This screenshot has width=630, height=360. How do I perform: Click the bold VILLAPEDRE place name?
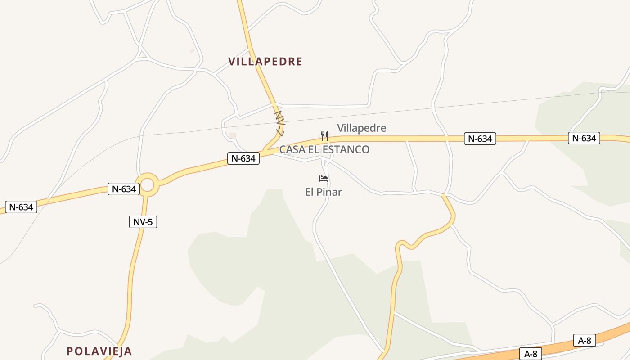click(x=265, y=62)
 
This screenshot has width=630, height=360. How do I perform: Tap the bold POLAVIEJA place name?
click(x=99, y=351)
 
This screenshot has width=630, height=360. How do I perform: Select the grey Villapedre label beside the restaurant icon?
click(x=361, y=128)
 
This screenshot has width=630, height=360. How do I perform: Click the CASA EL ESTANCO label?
click(x=324, y=149)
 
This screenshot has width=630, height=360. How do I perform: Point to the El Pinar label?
click(x=324, y=192)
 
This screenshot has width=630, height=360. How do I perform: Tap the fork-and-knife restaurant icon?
click(x=324, y=136)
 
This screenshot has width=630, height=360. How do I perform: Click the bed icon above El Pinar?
click(x=324, y=179)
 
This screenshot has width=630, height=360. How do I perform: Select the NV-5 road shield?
click(x=143, y=221)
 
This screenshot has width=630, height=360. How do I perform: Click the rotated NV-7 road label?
click(x=280, y=123)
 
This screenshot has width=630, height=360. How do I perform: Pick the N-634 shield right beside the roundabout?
click(x=124, y=189)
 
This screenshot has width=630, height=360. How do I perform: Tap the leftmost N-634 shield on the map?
click(x=21, y=207)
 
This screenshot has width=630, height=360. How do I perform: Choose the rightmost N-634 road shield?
click(x=584, y=138)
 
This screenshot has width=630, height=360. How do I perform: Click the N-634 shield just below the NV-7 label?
click(x=243, y=158)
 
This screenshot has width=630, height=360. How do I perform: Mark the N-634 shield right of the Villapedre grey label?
click(x=480, y=139)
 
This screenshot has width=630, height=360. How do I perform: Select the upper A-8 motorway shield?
click(x=584, y=341)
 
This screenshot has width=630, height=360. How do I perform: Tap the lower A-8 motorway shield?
click(x=531, y=354)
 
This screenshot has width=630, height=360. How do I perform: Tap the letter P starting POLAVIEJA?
click(x=70, y=351)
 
